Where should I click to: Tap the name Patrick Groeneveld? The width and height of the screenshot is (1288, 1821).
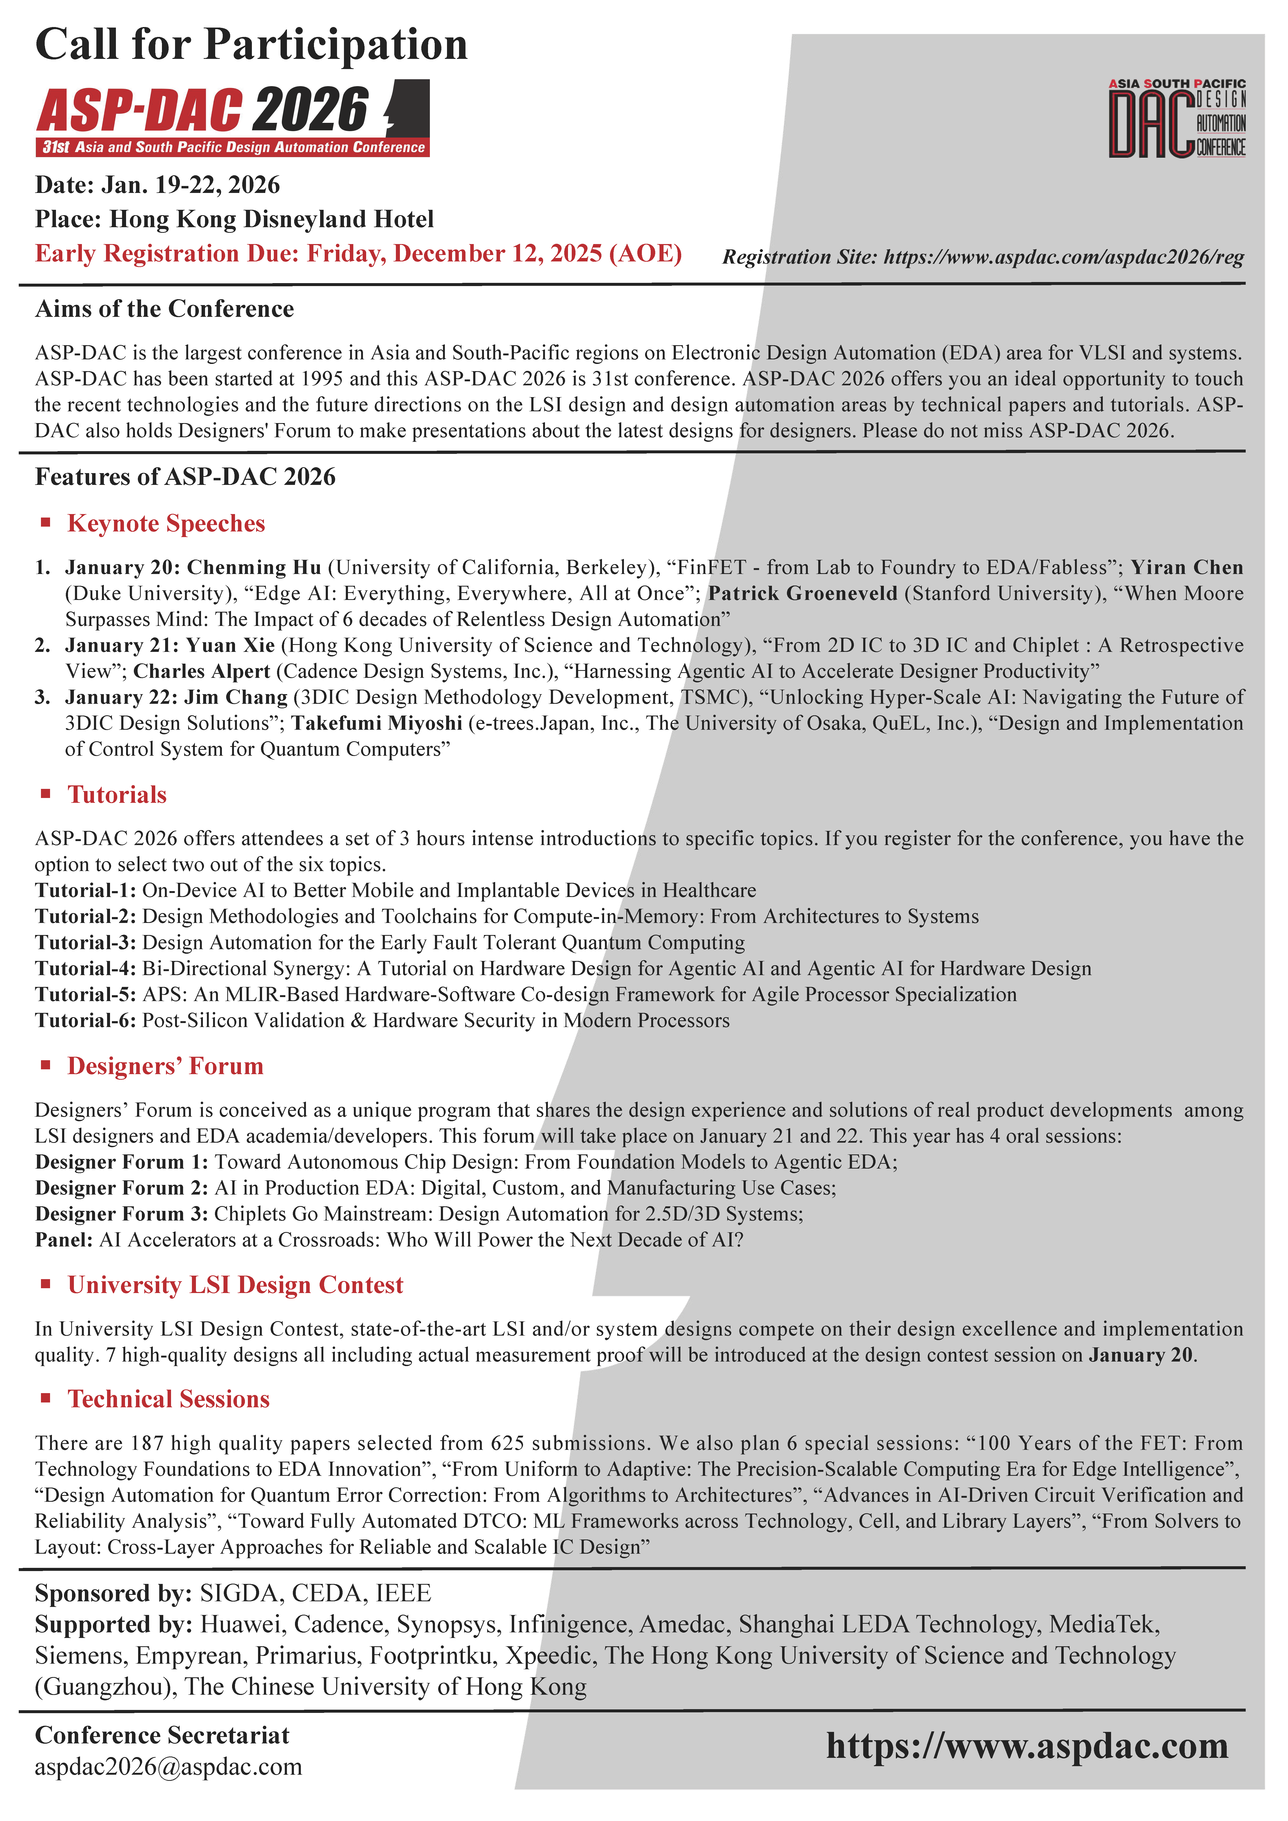click(x=803, y=593)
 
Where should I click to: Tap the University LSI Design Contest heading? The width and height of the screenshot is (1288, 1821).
click(x=236, y=1285)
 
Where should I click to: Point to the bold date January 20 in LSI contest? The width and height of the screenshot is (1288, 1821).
click(x=1141, y=1355)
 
